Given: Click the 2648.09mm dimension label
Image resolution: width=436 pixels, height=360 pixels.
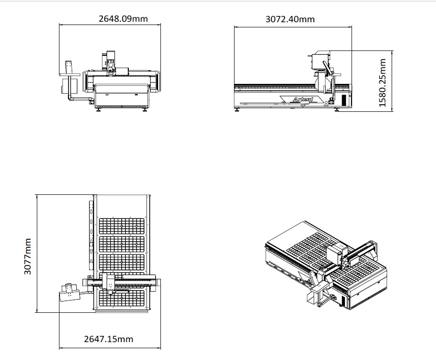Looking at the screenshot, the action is pos(123,18).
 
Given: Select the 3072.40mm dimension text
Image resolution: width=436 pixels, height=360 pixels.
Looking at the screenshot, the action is pos(290,19).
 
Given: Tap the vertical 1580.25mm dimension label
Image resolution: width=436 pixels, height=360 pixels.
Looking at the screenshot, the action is pos(383,83).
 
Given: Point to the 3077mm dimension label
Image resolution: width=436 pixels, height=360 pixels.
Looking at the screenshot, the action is pos(27,256).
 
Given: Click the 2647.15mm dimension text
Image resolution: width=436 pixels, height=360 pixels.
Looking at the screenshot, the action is pos(109,339).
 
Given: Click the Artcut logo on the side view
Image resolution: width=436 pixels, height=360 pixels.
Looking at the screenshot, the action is pos(303,99).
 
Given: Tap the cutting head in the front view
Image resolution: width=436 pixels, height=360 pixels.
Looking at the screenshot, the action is pos(111,63).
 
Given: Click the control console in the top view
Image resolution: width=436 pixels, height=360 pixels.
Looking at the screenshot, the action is pos(69,292).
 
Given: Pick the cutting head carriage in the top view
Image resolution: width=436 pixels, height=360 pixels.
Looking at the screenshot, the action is pos(109,283).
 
